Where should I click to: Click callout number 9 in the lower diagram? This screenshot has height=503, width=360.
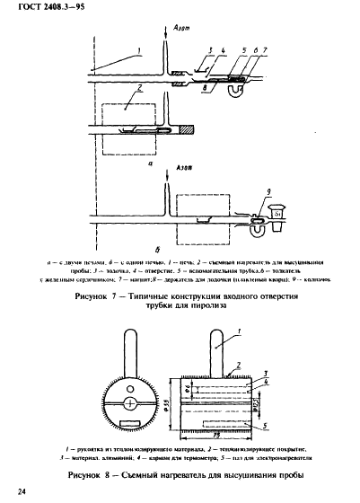(x=263, y=196)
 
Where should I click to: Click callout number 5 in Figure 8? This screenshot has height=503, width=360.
(x=270, y=414)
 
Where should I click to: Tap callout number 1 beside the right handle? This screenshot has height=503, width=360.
(x=242, y=332)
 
